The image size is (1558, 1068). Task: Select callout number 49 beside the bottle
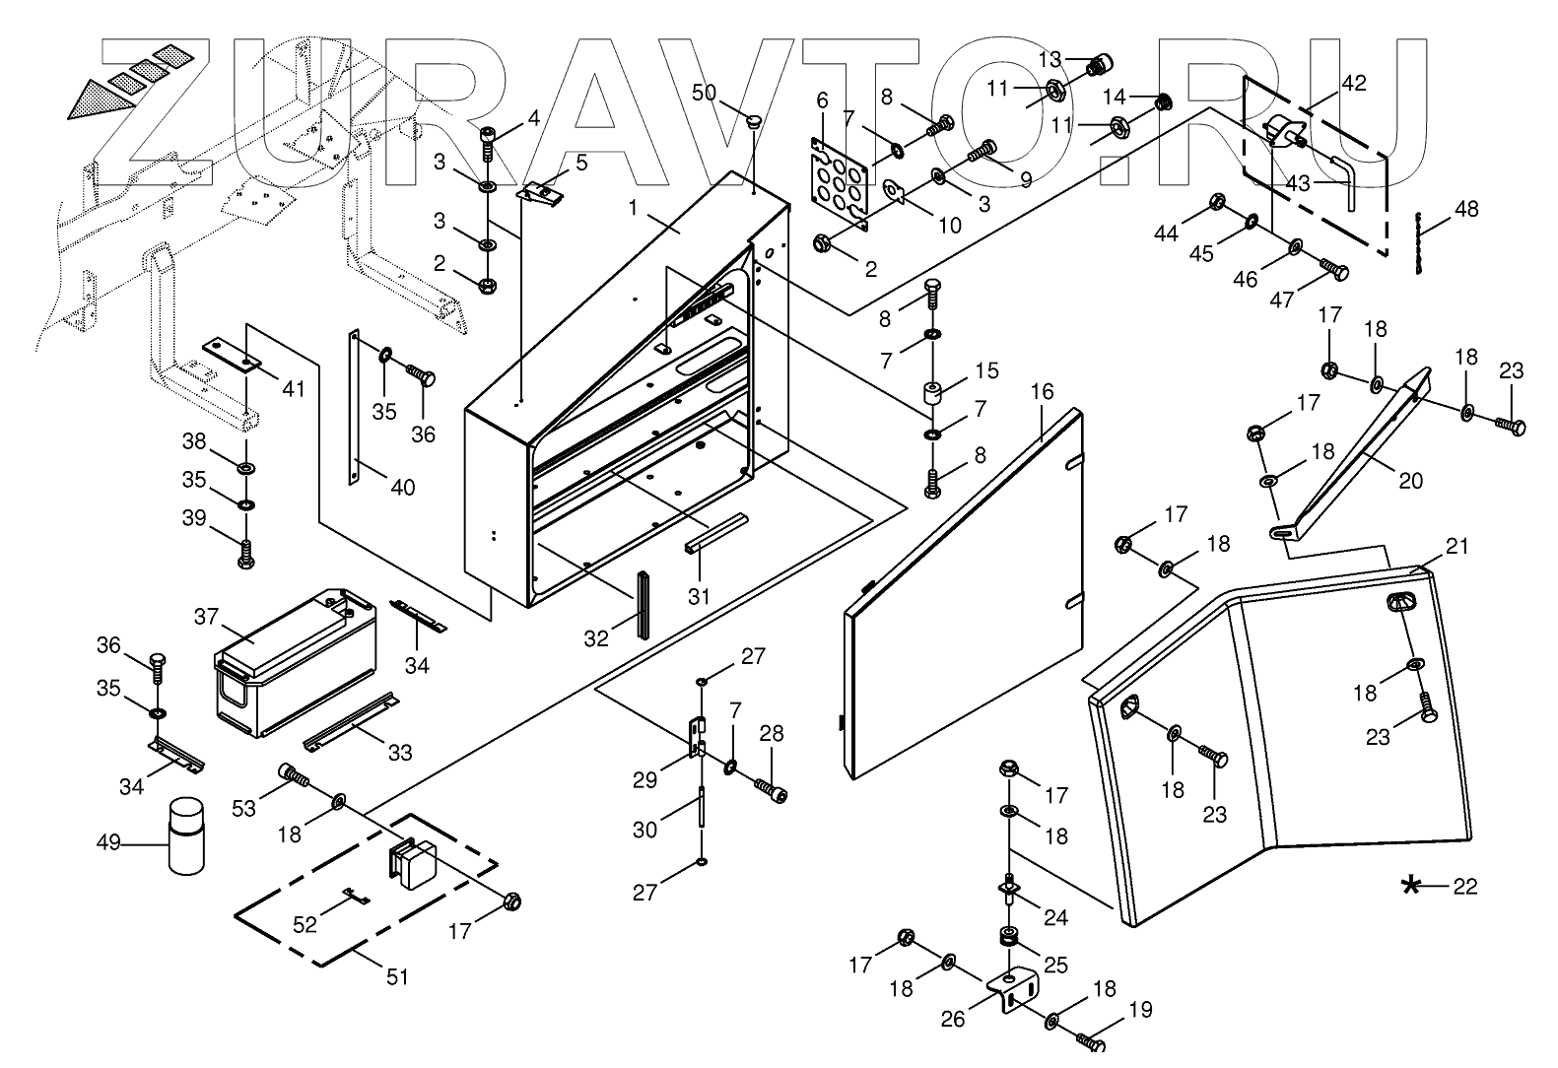[108, 842]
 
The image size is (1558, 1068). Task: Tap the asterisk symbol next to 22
[1411, 886]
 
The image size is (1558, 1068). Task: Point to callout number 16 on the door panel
[1042, 392]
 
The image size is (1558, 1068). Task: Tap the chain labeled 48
[1419, 242]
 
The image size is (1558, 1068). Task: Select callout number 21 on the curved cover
[1456, 546]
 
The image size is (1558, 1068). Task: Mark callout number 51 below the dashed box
[396, 976]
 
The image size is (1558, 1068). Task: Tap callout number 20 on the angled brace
[1411, 481]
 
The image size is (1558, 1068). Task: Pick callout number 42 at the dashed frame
[1354, 83]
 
